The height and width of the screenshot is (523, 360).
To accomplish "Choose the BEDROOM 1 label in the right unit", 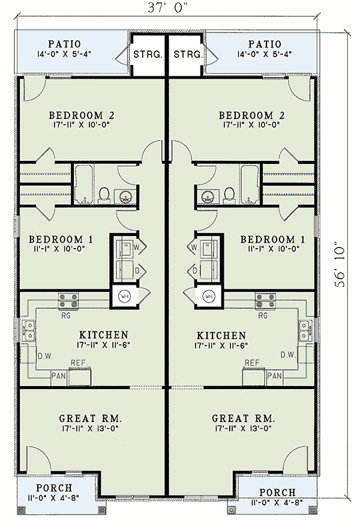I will [272, 239].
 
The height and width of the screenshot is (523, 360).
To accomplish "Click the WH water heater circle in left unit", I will [125, 296].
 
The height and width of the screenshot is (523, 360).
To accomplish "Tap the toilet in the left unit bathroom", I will [104, 194].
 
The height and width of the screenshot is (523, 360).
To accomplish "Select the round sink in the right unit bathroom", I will [209, 195].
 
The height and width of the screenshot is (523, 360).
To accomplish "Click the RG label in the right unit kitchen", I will [262, 315].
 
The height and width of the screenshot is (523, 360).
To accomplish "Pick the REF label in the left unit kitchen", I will [78, 363].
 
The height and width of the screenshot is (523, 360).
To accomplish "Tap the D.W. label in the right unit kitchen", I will [289, 355].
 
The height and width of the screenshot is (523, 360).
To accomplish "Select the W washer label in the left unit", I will [137, 247].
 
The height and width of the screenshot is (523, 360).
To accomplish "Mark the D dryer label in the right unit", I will [196, 270].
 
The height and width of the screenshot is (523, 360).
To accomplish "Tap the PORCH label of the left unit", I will [54, 488].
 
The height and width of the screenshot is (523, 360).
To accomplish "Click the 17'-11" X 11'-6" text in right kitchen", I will [221, 346].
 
